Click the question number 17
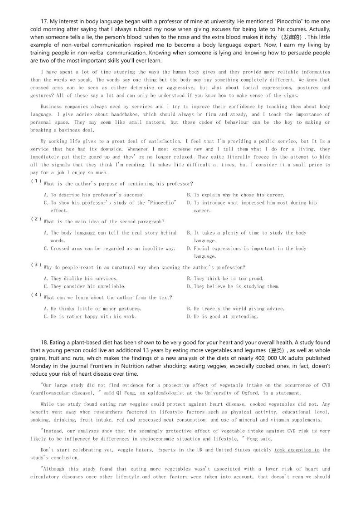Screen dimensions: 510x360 (44, 21)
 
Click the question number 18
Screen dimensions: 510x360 (44, 343)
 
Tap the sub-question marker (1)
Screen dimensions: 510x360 (36, 181)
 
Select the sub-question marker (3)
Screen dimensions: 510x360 (36, 265)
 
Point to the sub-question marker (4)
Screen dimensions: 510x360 (36, 294)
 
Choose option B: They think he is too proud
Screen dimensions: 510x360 (225, 279)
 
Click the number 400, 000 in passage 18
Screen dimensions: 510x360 (266, 358)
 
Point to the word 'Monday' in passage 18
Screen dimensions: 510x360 (41, 366)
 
